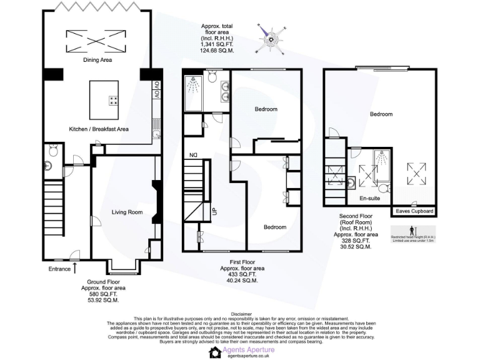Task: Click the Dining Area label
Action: (97, 61)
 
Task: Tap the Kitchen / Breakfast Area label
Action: (98, 129)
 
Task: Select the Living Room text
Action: (127, 212)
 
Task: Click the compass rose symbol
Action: (271, 39)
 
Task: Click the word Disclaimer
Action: (241, 314)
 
